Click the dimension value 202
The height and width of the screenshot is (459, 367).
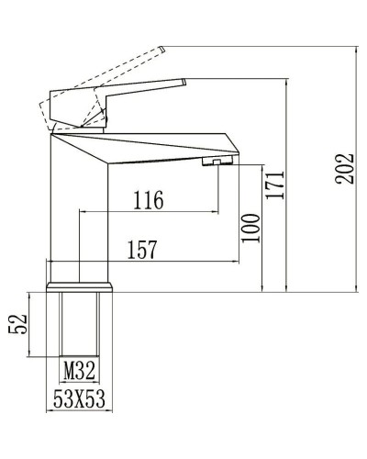(346, 168)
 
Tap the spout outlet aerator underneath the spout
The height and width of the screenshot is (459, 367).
(212, 162)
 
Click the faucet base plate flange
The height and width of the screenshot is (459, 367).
(80, 288)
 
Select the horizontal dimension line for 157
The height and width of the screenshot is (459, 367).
(142, 262)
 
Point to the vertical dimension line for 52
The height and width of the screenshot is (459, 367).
(34, 324)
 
